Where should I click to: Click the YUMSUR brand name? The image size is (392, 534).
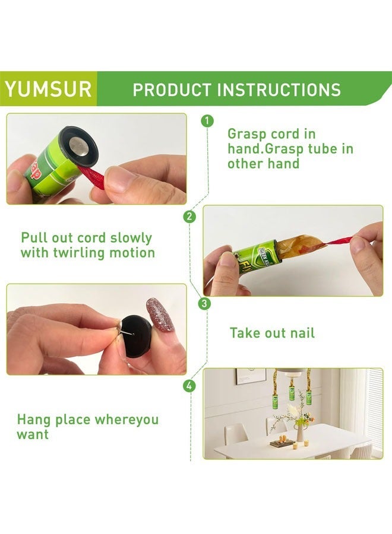pos(48,89)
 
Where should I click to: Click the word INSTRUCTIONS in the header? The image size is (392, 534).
pos(279,90)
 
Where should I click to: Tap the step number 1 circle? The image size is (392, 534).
pos(207,121)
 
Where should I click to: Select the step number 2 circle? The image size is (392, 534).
pos(189,217)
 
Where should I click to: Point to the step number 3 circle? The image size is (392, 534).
pos(204,303)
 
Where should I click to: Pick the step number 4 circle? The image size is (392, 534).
pos(189,386)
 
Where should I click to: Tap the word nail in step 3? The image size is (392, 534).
pos(301,333)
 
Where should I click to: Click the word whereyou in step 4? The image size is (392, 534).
pos(127,419)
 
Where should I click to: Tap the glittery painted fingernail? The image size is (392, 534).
pos(160,314)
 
